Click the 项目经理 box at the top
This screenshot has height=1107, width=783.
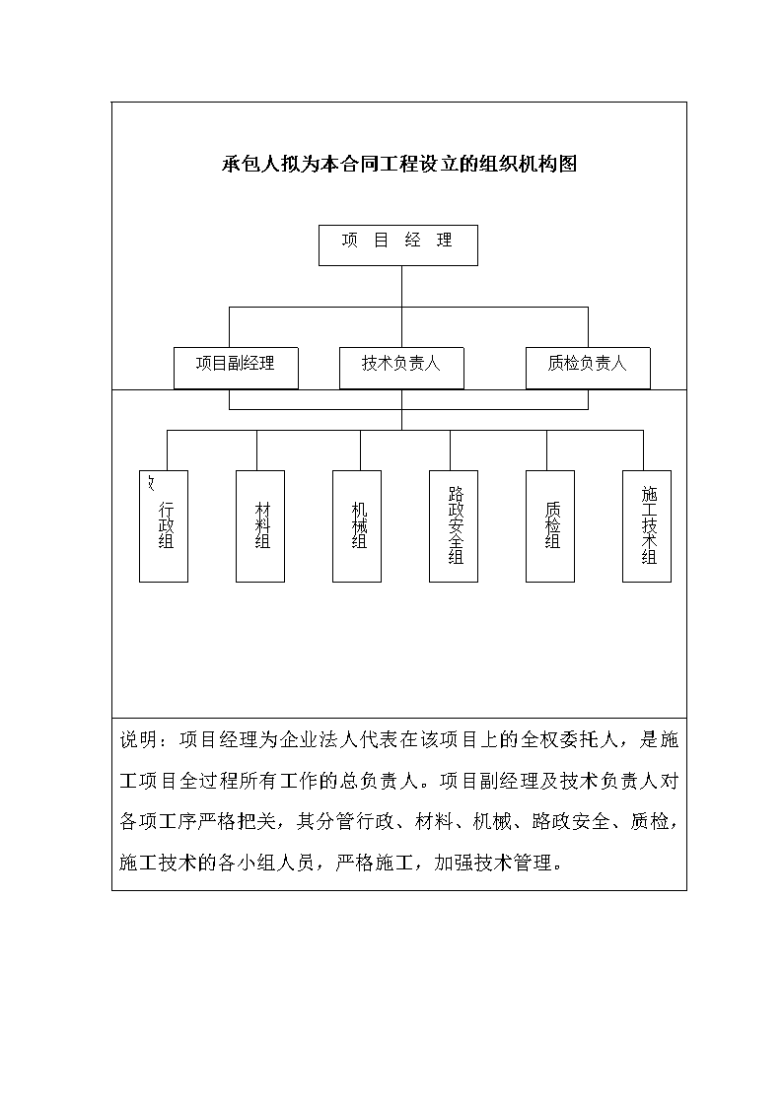tap(398, 245)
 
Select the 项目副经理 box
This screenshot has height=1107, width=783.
tap(236, 368)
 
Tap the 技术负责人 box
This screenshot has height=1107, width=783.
tap(401, 368)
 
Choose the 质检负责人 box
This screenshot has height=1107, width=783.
tap(588, 368)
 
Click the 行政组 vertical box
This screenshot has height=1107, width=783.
tap(164, 526)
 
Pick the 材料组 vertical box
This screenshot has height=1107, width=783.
tap(259, 526)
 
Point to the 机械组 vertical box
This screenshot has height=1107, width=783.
tap(357, 526)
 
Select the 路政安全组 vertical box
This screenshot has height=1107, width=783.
tap(454, 526)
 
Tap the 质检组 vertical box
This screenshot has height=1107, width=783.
tap(550, 526)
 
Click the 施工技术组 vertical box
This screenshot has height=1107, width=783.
tap(647, 526)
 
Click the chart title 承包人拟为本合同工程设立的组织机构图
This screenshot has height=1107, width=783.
tap(399, 164)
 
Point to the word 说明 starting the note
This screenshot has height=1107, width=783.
tap(139, 739)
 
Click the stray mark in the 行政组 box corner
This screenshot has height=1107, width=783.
tap(150, 483)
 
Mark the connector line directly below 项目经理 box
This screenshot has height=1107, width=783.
tap(401, 287)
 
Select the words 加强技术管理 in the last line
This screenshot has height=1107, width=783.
tap(493, 863)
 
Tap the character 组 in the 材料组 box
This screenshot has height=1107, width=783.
tap(262, 541)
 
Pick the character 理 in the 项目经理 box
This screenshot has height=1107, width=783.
tap(444, 241)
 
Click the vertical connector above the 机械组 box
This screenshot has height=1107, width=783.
tap(360, 450)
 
